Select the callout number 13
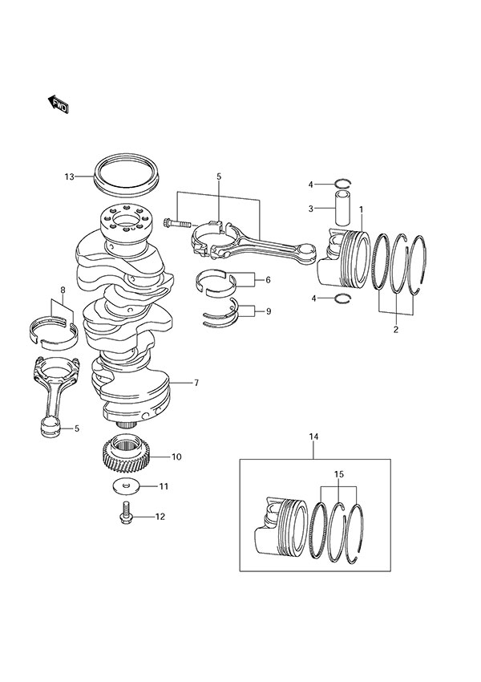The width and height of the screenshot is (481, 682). (69, 176)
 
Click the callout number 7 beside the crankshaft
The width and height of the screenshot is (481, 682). (196, 384)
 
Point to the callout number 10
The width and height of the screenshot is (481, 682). (176, 457)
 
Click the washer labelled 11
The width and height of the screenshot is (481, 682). (127, 486)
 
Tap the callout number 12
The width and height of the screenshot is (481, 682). (160, 517)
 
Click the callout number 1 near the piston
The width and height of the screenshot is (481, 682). (362, 209)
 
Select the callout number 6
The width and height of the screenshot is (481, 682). (267, 280)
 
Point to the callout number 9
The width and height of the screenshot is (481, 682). (267, 310)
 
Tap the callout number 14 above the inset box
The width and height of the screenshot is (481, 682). (313, 436)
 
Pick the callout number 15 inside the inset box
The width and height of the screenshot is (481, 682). (339, 475)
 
